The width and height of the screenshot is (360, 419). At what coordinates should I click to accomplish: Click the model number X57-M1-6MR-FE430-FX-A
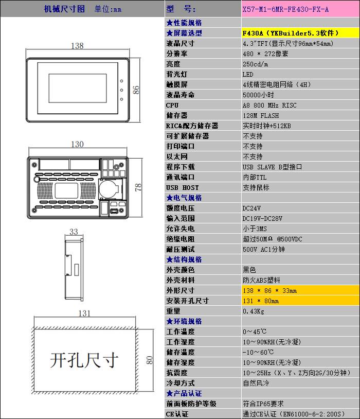[x=285, y=9]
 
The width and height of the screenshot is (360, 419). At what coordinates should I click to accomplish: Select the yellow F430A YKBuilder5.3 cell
[x=300, y=33]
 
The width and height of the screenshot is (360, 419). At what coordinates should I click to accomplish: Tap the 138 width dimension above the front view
[x=78, y=46]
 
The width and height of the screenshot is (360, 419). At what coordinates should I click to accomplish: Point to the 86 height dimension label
[x=136, y=90]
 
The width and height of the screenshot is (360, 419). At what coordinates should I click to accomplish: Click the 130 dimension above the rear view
[x=78, y=144]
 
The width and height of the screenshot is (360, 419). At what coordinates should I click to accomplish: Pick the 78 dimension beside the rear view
[x=138, y=187]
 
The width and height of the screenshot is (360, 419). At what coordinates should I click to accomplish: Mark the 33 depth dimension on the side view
[x=74, y=232]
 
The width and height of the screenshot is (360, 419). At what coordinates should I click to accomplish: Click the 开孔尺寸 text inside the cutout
[x=84, y=360]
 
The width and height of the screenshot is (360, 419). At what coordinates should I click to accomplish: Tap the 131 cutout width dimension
[x=84, y=313]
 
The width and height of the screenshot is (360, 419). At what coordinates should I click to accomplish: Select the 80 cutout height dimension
[x=150, y=360]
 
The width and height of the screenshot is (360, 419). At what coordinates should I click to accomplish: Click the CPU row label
[x=172, y=106]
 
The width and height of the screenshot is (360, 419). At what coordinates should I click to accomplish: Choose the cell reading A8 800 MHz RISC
[x=269, y=106]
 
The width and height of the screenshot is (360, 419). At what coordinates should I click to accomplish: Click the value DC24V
[x=251, y=208]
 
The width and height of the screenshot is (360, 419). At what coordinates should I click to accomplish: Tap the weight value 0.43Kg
[x=254, y=311]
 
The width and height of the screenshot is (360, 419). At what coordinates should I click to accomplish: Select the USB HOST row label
[x=183, y=187]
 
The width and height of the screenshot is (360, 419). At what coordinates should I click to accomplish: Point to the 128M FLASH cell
[x=261, y=116]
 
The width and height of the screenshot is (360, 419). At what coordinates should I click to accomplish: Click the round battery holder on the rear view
[x=109, y=189]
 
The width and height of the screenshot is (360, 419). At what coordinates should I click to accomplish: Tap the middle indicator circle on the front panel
[x=121, y=90]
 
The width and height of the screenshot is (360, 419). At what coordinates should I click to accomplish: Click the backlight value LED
[x=248, y=75]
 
